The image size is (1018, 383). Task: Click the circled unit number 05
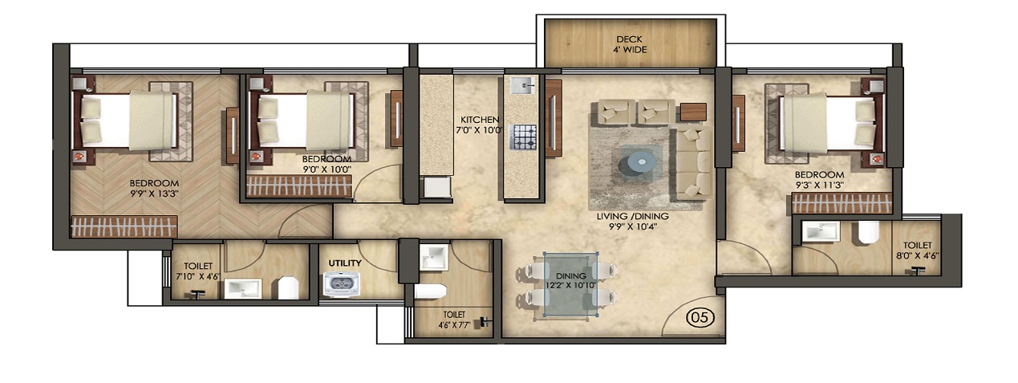click(x=699, y=318)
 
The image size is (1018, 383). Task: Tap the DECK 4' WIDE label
click(x=631, y=44)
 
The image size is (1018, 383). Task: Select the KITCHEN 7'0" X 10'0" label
click(x=480, y=125)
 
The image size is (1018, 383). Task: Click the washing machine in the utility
click(x=341, y=283)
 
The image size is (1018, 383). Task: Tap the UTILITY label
click(x=344, y=263)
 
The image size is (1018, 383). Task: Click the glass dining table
click(x=569, y=283)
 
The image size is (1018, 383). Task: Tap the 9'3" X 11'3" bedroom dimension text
click(x=819, y=185)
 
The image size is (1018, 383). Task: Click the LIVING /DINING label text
click(x=632, y=216)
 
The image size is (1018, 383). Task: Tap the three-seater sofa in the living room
click(x=692, y=164)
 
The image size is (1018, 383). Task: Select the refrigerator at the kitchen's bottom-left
click(x=437, y=187)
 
